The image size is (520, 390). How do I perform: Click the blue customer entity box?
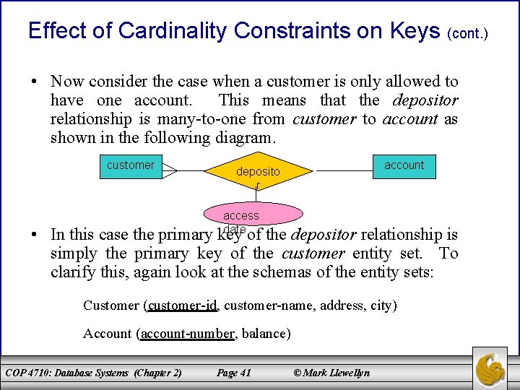[x=130, y=165]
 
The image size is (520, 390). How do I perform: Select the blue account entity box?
[x=404, y=165]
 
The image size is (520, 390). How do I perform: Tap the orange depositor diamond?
[x=258, y=172]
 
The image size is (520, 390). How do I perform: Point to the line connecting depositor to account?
[x=344, y=171]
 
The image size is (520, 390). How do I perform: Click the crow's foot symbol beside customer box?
[x=170, y=171]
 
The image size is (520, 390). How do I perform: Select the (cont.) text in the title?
[x=468, y=33]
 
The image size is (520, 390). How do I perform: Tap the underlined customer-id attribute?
[x=183, y=305]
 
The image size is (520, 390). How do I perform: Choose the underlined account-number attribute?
[x=188, y=333]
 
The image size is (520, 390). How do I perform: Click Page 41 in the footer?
[x=233, y=373]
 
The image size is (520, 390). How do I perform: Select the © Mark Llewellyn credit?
[x=331, y=373]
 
